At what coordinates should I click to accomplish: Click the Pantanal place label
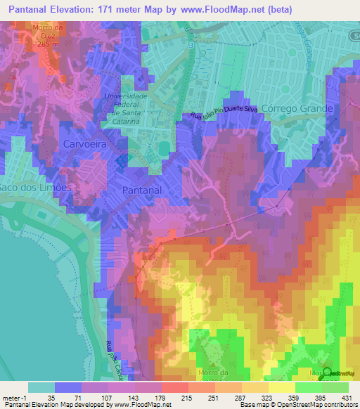click(x=143, y=190)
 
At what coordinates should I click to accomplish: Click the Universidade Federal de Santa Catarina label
click(x=124, y=108)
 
